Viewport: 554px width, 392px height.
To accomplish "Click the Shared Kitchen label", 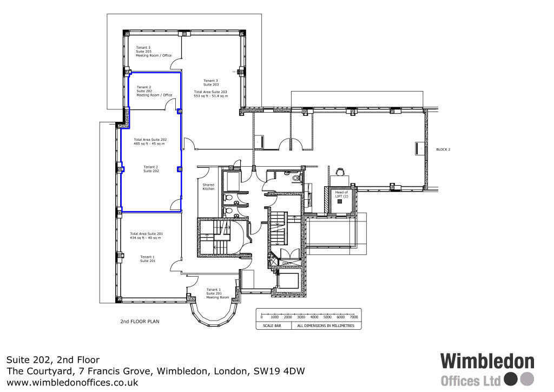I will (208, 187).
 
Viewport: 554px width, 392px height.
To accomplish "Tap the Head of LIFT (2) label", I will (341, 194).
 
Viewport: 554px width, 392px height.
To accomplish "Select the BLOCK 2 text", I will (443, 149).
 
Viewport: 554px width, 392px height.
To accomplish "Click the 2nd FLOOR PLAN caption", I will (140, 321).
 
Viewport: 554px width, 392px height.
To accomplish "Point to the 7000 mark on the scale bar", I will (354, 317).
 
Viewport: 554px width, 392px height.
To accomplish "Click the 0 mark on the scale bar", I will (262, 317).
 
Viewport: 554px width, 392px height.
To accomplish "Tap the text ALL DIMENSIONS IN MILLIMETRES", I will (325, 326).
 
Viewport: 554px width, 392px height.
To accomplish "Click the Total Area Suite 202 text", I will (150, 142).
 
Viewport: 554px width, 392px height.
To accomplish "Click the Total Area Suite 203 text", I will (210, 94).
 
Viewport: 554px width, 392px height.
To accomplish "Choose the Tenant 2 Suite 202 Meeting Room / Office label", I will (154, 91).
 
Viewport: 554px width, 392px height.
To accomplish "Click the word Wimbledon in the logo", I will (487, 362).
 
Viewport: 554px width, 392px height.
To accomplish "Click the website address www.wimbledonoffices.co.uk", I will (72, 382).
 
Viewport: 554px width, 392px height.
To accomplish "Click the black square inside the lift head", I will (340, 201).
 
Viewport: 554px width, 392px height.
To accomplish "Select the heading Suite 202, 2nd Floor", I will (53, 360).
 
